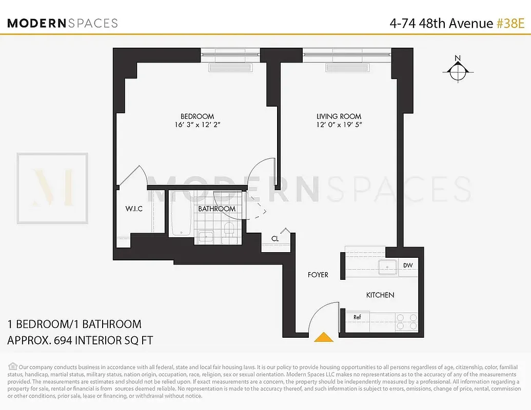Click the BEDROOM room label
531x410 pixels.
pyautogui.click(x=197, y=116)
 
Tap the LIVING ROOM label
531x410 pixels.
pyautogui.click(x=339, y=116)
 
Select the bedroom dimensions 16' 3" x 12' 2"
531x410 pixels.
pyautogui.click(x=197, y=125)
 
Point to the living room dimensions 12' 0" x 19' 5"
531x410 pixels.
pyautogui.click(x=339, y=125)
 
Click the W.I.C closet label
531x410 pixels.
pyautogui.click(x=134, y=209)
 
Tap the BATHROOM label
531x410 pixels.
pyautogui.click(x=217, y=209)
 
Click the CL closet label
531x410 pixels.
pyautogui.click(x=275, y=238)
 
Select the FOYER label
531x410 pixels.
pyautogui.click(x=318, y=275)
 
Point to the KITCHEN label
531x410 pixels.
pyautogui.click(x=380, y=295)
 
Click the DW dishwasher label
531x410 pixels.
pyautogui.click(x=408, y=265)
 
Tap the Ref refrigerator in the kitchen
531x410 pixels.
pyautogui.click(x=357, y=317)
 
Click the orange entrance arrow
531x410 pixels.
pyautogui.click(x=323, y=337)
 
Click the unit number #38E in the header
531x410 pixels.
pyautogui.click(x=510, y=23)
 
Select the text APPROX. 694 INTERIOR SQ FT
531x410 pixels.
pyautogui.click(x=80, y=340)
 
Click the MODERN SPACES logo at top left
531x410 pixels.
pyautogui.click(x=63, y=23)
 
